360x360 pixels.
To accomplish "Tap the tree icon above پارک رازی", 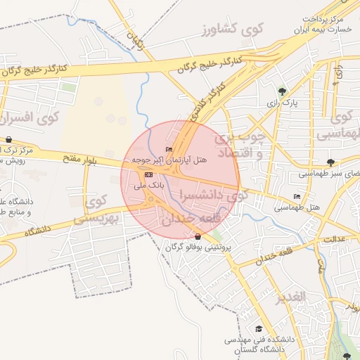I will (x=282, y=91).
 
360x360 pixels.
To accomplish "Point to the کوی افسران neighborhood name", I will (x=29, y=117).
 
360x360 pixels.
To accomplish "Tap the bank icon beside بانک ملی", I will (x=148, y=174).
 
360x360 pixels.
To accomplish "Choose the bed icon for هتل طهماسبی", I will (x=296, y=196).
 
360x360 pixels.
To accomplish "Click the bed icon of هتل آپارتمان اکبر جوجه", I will (x=168, y=149).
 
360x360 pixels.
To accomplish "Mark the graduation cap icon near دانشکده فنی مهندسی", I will (x=258, y=328).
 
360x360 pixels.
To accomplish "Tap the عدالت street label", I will (x=333, y=239).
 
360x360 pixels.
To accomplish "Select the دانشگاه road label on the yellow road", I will (x=39, y=229).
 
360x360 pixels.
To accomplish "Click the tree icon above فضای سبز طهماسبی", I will (x=330, y=162).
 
